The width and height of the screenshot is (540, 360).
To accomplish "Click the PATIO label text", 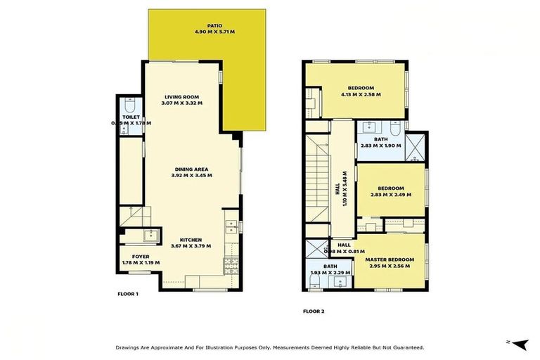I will tap(207, 25).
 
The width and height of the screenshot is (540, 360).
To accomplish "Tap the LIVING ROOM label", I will tap(182, 97).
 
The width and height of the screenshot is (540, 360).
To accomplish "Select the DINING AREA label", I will tap(192, 169).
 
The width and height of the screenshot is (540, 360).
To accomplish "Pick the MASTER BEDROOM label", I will tap(389, 260).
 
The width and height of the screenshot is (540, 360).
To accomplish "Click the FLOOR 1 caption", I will tap(127, 293).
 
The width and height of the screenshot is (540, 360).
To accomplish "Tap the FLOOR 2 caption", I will tap(313, 311).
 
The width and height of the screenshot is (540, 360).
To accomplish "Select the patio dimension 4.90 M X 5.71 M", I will tap(207, 32).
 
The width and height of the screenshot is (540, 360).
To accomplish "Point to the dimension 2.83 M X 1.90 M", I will tap(380, 146).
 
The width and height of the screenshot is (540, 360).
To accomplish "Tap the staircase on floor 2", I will tap(319, 179).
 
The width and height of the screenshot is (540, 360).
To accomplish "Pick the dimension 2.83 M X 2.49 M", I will tap(390, 195).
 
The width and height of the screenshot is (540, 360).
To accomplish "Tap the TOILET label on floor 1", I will tap(131, 117).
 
